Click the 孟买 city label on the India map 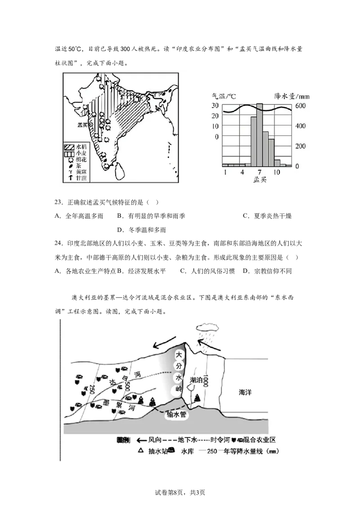coord(82,125)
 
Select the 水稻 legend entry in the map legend coord(81,147)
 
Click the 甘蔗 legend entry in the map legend coord(81,178)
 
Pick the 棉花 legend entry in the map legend coord(81,159)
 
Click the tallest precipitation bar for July coord(260,134)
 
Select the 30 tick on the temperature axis coord(215,106)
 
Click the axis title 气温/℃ coord(225,96)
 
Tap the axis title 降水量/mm coord(292,96)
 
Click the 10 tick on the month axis coord(278,172)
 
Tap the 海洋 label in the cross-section coord(245,393)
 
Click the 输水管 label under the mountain coord(176,415)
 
